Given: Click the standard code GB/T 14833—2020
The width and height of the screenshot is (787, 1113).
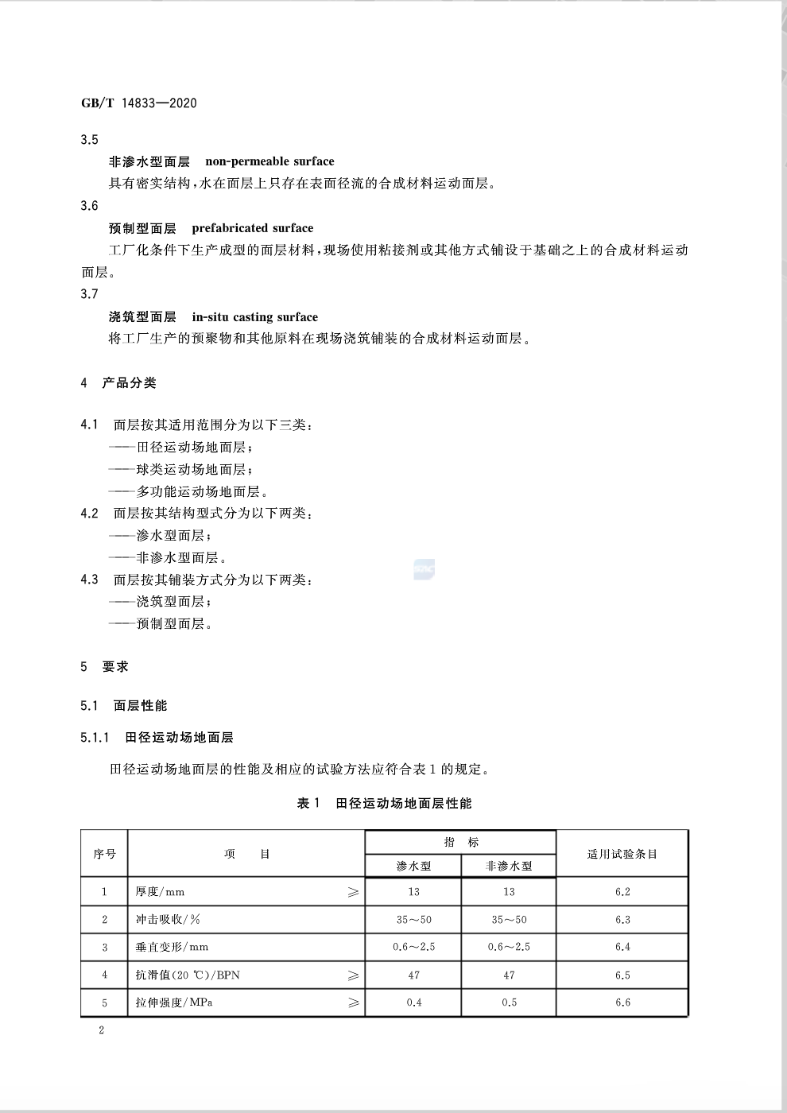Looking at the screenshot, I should coord(139,103).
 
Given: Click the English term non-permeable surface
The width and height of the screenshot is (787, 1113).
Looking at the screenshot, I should coord(269,161).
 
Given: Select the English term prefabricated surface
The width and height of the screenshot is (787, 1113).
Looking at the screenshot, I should coord(252,228).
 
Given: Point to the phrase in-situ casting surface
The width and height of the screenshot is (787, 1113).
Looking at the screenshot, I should coord(254,317).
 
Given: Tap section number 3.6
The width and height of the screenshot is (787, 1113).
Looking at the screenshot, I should coord(90,206).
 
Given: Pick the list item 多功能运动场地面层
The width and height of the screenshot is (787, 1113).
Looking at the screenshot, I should coord(202,492).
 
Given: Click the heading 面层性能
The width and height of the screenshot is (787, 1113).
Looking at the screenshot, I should coord(140,706).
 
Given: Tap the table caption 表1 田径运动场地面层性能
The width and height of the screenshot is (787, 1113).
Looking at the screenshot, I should coord(384,804).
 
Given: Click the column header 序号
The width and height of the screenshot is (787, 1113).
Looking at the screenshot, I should coord(104,854).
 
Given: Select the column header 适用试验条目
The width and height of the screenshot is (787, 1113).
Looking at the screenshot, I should coord(622,854).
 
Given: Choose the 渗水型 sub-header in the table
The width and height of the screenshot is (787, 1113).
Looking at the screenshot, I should coord(413,866).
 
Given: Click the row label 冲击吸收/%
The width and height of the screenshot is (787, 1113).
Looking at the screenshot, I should coord(168,920).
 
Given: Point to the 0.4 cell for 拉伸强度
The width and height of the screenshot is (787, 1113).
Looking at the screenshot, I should coord(413,1002).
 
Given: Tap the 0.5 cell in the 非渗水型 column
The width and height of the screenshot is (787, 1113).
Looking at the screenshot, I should coord(509,1002).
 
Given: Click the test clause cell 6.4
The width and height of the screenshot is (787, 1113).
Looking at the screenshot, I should coord(622,947).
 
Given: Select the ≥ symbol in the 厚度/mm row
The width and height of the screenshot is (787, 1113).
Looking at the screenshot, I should coord(354,892).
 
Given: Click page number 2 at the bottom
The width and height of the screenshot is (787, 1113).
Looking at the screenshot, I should coord(101,1031).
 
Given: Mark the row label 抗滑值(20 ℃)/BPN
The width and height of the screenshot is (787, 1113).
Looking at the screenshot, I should coord(188,975).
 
